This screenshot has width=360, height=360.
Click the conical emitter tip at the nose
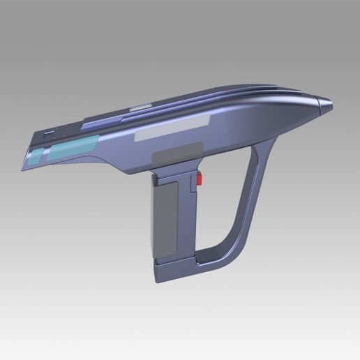coord(325,106)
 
